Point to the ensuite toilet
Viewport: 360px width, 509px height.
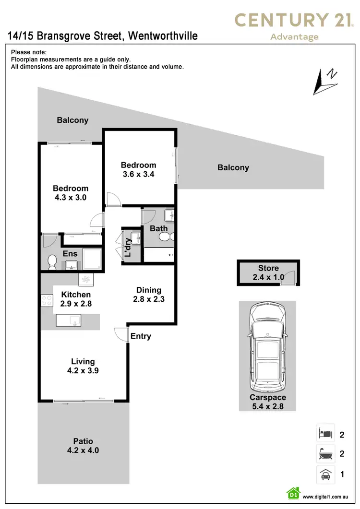[52, 262]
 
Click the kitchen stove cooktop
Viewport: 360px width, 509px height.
[47, 301]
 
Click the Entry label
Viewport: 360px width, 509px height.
[141, 336]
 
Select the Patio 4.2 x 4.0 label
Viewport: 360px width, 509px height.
[83, 446]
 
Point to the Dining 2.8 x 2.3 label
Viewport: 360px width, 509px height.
[149, 295]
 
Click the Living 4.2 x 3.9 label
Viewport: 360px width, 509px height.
[83, 366]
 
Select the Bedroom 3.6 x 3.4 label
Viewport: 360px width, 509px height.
[138, 170]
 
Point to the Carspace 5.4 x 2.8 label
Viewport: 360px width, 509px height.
[267, 402]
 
